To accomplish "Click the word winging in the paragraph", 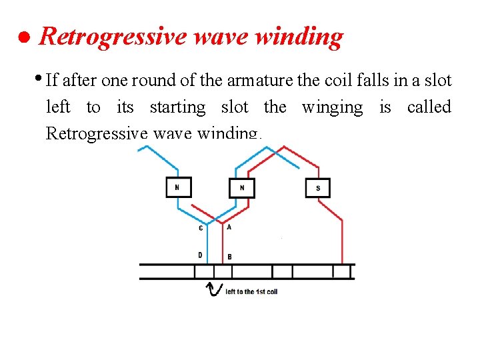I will click(332, 107).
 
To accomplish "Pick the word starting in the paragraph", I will click(177, 107).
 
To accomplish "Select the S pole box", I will click(318, 187).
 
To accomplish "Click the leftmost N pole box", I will click(178, 187).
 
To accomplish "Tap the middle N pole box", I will click(242, 188).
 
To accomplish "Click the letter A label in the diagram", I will click(229, 227).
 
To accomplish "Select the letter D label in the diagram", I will click(200, 255).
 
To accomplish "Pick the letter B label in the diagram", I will click(229, 256).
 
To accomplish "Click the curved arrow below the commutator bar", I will click(214, 290).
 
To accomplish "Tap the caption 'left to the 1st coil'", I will click(251, 291).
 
